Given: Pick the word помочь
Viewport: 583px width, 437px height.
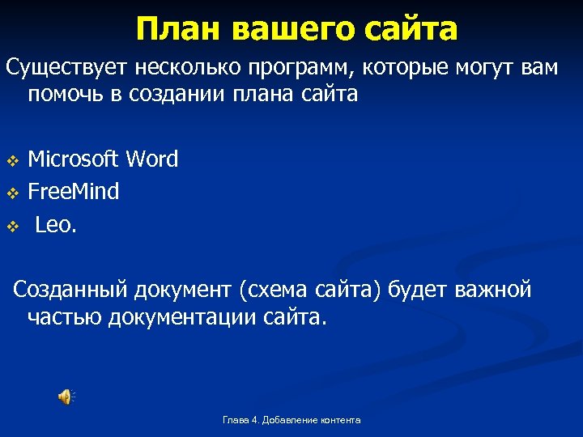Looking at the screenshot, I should click(x=66, y=95).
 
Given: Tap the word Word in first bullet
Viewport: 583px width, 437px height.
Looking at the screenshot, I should click(x=151, y=159).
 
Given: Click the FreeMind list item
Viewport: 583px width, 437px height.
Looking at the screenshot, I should click(x=73, y=192).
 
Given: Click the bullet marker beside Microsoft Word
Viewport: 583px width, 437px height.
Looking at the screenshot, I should click(x=12, y=160).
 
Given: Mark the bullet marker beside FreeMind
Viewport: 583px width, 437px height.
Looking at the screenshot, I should click(x=12, y=193).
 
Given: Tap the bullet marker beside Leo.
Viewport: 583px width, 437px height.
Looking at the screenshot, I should click(x=12, y=227).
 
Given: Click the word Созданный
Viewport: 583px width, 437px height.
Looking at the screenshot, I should click(x=72, y=290).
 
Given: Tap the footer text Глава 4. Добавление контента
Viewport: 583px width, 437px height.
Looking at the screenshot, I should click(x=291, y=420).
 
